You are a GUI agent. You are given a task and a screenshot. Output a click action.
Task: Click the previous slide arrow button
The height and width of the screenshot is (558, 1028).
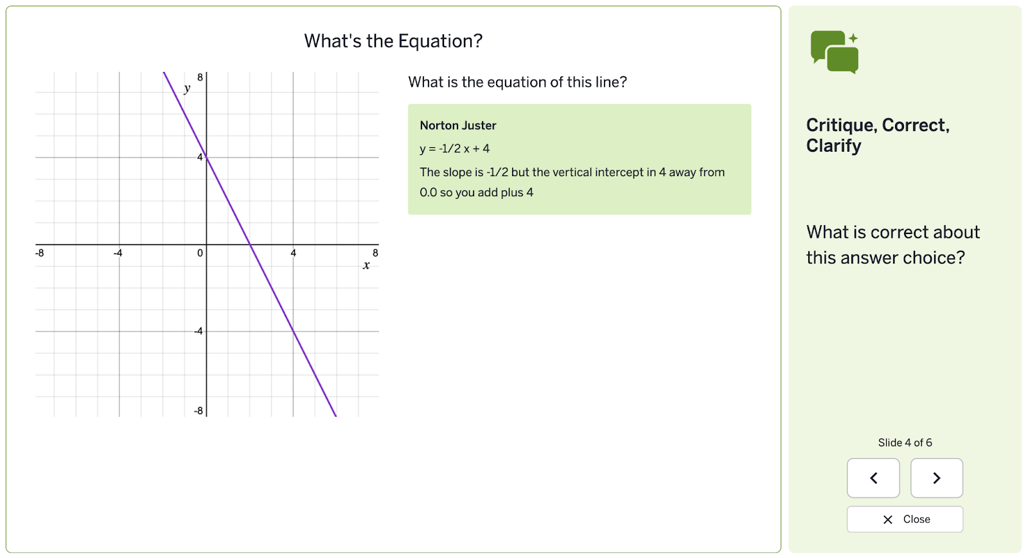tap(873, 478)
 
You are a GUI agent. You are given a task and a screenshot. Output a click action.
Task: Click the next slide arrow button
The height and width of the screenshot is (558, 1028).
tap(936, 478)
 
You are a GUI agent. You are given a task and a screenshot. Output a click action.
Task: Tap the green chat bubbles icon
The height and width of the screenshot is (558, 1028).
tap(834, 52)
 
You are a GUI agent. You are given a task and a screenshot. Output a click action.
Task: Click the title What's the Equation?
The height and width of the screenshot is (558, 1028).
tap(393, 41)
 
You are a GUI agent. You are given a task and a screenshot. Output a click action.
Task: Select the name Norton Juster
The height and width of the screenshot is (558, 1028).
tap(457, 125)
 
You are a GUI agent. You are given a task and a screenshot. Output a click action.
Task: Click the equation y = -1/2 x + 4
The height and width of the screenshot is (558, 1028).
tap(454, 148)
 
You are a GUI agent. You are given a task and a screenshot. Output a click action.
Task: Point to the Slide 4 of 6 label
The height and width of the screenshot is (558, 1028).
tap(905, 442)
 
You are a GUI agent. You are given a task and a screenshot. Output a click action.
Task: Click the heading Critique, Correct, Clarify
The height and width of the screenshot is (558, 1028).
tap(878, 135)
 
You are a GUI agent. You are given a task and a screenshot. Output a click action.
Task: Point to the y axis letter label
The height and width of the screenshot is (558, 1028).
tap(187, 89)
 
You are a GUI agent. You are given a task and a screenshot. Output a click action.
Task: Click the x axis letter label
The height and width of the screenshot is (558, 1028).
tap(366, 265)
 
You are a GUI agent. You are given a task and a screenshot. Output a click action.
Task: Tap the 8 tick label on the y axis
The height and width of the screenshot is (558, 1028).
tap(200, 78)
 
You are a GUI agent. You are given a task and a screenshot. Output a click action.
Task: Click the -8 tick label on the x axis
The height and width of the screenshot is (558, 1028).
tap(40, 253)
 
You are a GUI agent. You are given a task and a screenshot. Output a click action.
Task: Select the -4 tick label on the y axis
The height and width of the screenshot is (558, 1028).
tap(199, 331)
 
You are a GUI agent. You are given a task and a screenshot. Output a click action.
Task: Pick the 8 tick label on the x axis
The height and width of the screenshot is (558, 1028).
tap(375, 253)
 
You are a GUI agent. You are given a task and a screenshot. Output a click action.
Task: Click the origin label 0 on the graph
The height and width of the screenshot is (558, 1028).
tap(200, 253)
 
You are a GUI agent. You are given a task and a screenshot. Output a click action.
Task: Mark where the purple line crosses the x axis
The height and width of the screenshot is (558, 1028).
tap(250, 244)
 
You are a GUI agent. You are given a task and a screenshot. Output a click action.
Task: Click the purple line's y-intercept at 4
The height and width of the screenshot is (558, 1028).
tap(206, 157)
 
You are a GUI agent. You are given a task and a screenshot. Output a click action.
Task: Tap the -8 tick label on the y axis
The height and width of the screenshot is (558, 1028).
tap(199, 411)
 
